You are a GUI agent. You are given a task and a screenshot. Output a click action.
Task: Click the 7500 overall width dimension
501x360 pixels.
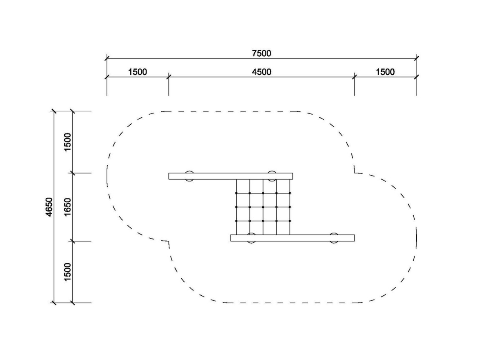tap(261, 53)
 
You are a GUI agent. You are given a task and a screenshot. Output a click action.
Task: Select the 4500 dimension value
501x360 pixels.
tap(261, 72)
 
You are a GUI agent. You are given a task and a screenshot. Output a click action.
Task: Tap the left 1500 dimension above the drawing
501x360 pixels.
tap(137, 72)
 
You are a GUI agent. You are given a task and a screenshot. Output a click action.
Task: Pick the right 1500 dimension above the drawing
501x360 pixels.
tap(385, 72)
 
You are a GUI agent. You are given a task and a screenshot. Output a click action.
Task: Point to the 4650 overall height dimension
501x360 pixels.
tap(49, 207)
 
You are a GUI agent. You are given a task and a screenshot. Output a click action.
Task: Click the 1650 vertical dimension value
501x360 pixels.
tap(68, 207)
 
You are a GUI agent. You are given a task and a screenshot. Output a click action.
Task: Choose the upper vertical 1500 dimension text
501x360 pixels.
tap(68, 142)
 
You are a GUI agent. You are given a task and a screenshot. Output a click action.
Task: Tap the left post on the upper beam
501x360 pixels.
tap(189, 176)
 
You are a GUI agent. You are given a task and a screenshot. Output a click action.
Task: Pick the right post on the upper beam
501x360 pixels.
tap(272, 176)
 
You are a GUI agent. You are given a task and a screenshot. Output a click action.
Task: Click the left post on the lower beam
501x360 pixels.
tap(251, 238)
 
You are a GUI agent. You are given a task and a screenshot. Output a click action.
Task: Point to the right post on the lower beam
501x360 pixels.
tap(334, 238)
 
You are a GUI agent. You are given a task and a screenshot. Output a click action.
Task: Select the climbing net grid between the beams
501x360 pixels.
tap(263, 207)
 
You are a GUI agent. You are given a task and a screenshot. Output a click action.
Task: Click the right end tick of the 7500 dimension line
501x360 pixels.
tap(416, 58)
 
